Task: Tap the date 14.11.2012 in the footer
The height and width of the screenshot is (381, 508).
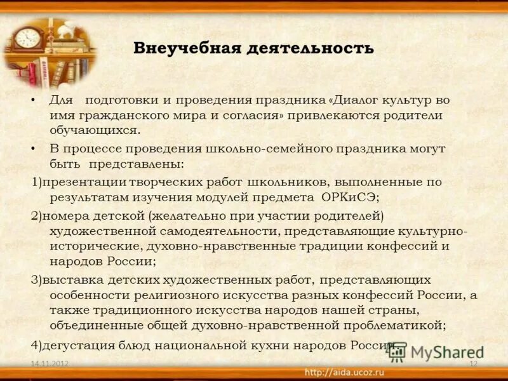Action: (x=50, y=363)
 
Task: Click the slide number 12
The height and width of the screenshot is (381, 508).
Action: (x=472, y=363)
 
